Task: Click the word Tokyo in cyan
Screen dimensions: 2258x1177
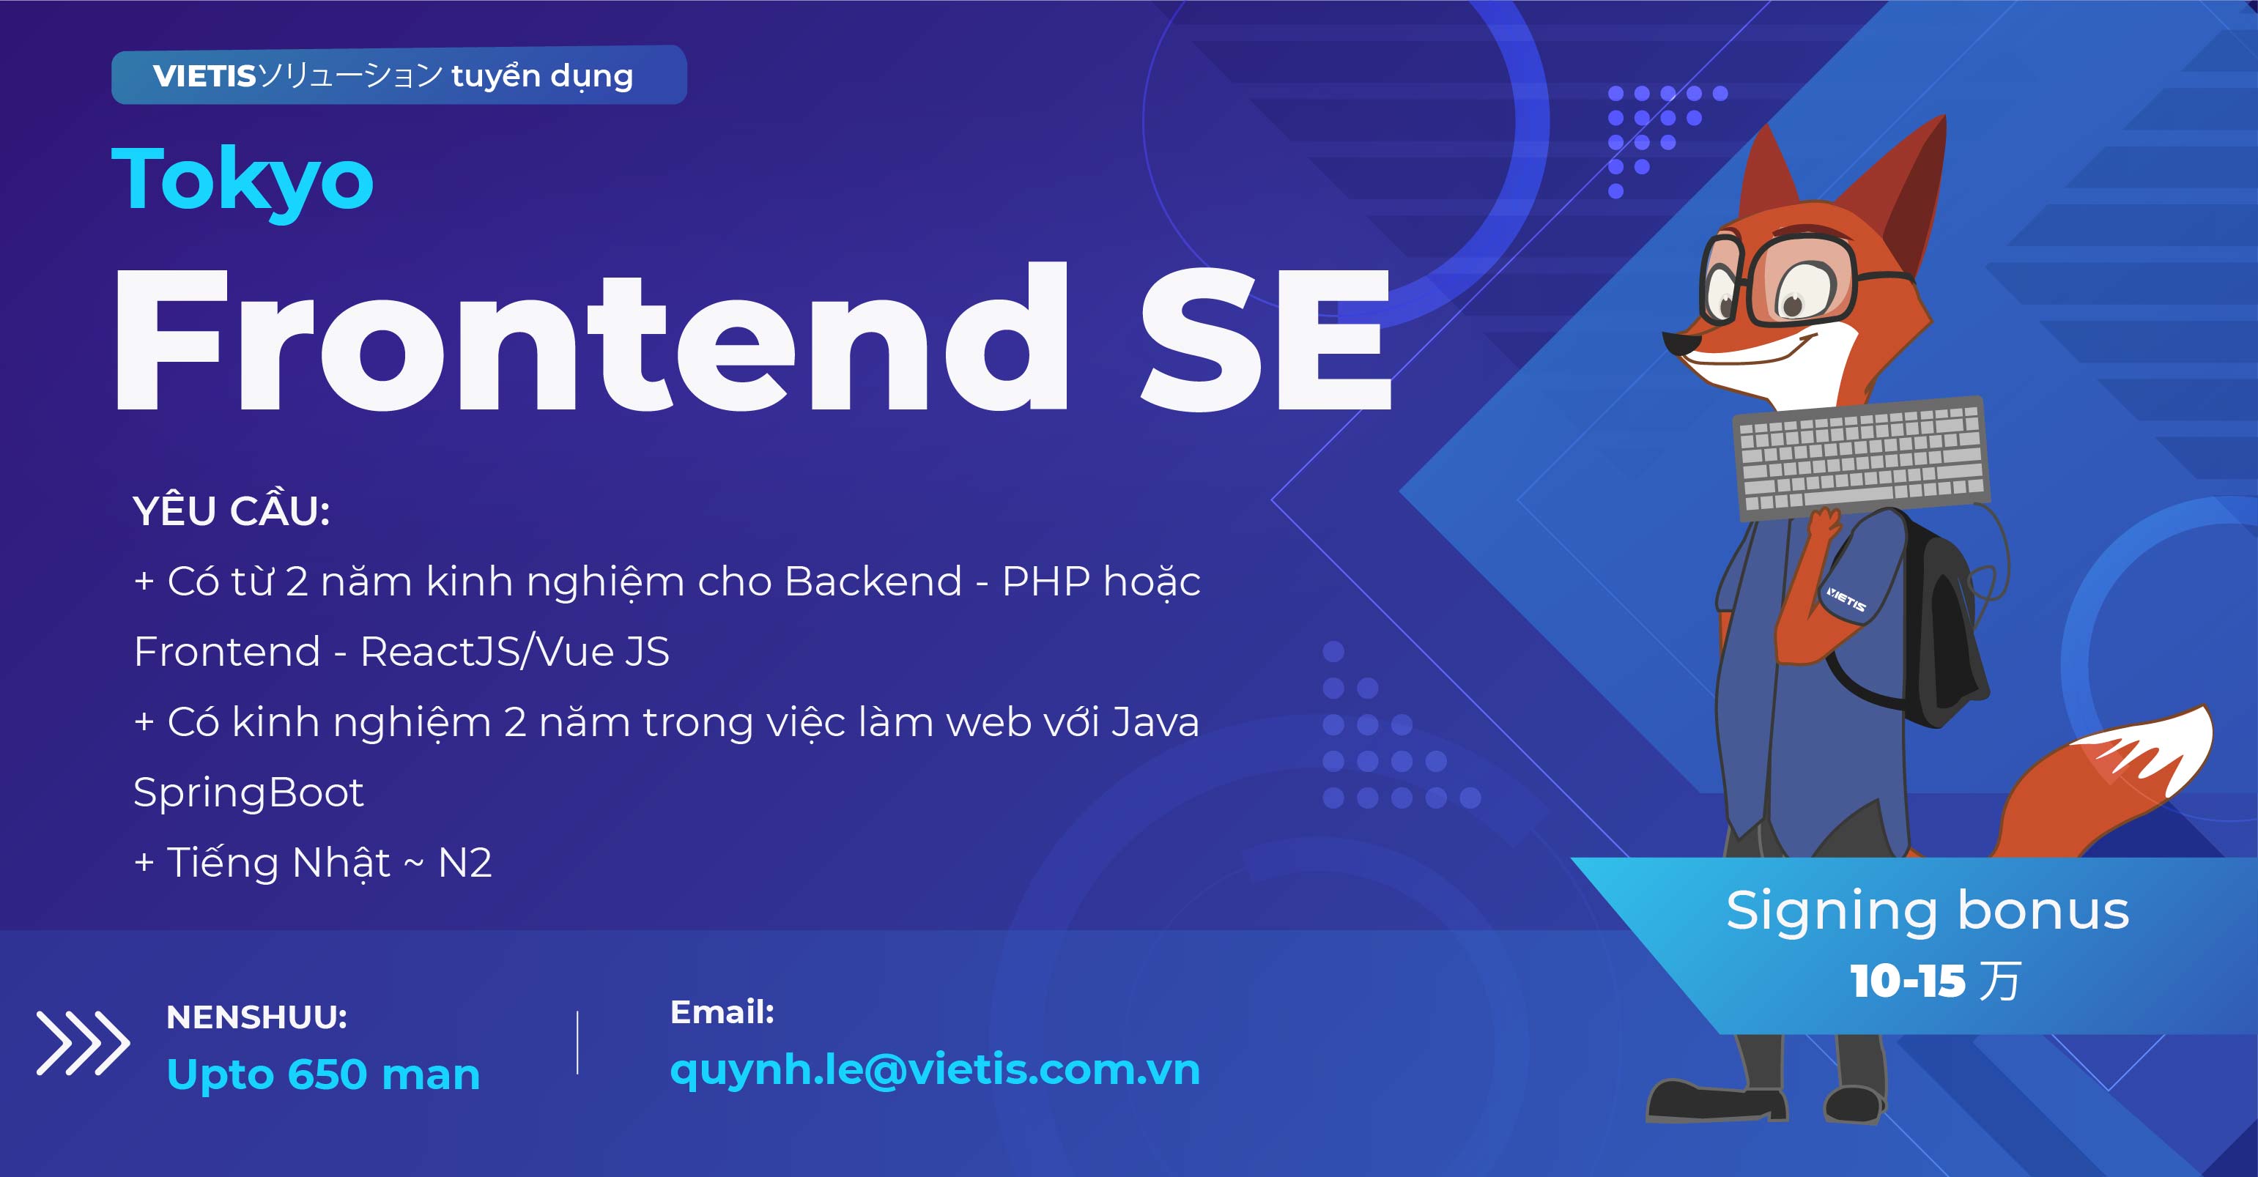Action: click(x=243, y=180)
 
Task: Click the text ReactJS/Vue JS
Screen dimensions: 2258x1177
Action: click(x=514, y=651)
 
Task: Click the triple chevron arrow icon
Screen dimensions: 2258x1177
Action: click(x=84, y=1043)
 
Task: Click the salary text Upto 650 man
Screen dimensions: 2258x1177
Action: click(x=323, y=1074)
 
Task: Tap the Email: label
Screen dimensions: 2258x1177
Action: click(x=722, y=1012)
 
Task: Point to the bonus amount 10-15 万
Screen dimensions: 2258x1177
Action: click(x=1936, y=981)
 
